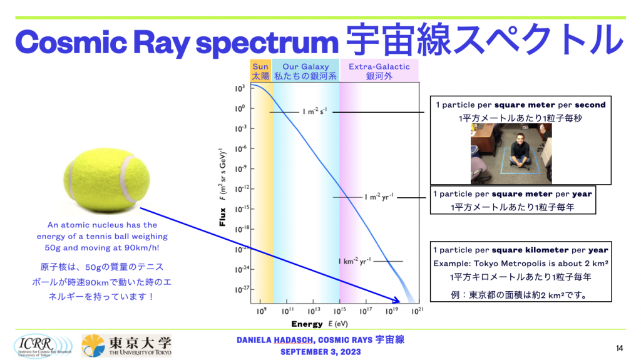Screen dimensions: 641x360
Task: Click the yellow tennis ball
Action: (106, 180)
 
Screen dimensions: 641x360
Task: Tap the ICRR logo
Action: (43, 346)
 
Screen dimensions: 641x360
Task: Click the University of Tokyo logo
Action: (126, 346)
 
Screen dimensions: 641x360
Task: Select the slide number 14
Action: (619, 348)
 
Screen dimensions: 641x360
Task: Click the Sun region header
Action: (260, 71)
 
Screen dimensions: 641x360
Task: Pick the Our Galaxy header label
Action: (305, 71)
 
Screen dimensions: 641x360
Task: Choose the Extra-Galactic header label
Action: (379, 71)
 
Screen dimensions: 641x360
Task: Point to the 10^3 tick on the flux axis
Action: (240, 88)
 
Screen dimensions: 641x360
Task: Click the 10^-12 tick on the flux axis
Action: (241, 189)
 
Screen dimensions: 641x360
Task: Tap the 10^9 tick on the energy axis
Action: (262, 312)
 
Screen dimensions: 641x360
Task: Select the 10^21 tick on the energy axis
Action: (418, 312)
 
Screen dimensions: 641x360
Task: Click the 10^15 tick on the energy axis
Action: (340, 312)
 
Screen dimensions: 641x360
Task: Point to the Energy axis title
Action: (320, 324)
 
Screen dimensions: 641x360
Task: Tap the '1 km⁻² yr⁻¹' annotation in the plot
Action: (354, 261)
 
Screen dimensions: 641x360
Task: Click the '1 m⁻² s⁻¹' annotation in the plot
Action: (315, 111)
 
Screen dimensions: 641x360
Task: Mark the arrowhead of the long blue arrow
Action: (396, 301)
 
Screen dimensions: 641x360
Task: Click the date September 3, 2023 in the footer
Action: (320, 352)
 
